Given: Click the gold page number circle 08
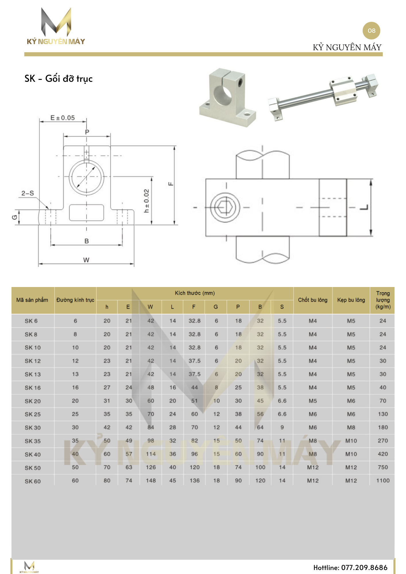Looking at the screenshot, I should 371,31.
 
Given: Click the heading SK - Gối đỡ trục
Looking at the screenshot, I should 59,79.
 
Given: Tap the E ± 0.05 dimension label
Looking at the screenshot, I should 63,118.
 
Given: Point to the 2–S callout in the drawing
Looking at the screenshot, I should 28,193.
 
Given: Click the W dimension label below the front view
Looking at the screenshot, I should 86,260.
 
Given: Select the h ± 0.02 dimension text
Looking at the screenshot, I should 147,201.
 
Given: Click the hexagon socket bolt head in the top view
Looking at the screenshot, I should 225,207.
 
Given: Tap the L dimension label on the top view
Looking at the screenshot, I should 364,207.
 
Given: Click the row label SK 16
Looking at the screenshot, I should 32,388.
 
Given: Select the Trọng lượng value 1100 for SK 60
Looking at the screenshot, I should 383,480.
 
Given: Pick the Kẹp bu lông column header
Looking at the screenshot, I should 351,300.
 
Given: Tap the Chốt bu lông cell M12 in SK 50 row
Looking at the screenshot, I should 313,467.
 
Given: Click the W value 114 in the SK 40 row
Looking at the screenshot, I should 151,454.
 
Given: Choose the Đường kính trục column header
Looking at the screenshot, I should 75,300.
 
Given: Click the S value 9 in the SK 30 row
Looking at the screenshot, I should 282,427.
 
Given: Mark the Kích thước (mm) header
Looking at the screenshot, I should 195,293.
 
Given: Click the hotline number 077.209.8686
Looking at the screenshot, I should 364,567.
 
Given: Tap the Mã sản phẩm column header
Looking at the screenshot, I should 32,300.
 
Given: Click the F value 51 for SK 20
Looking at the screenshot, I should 194,401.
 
